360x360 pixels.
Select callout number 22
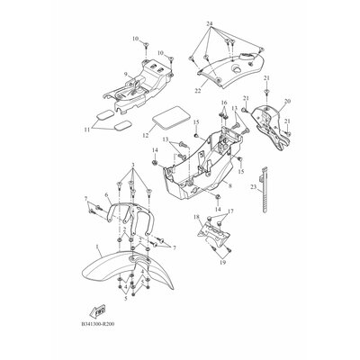pos(198,90)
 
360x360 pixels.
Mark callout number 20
pos(287,102)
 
